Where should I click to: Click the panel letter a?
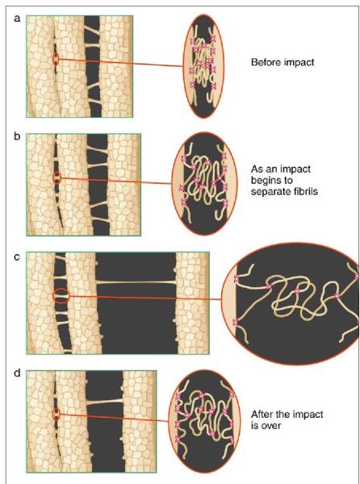(x=17, y=19)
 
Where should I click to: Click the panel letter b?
(x=17, y=136)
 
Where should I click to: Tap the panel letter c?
(x=17, y=257)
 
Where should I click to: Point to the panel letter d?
(x=17, y=373)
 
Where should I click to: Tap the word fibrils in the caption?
(x=305, y=191)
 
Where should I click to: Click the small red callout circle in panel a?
(x=56, y=59)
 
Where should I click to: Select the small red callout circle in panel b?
(x=57, y=177)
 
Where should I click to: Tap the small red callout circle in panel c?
(x=61, y=296)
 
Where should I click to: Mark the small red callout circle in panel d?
(x=56, y=414)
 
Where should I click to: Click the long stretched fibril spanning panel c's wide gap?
(x=136, y=282)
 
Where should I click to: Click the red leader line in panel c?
(x=146, y=298)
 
